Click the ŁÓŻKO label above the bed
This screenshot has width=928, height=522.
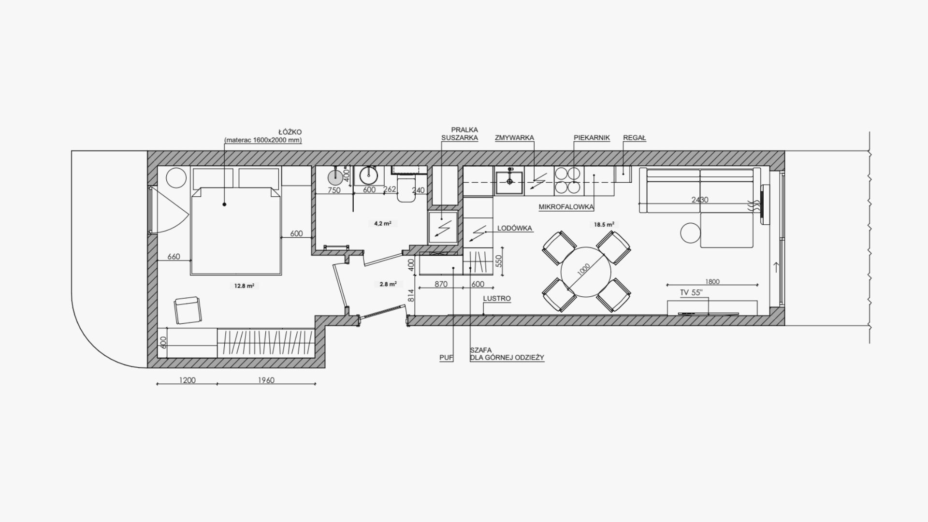click(x=290, y=132)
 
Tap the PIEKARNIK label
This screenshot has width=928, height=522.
click(x=592, y=138)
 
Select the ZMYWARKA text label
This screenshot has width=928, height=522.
click(x=514, y=138)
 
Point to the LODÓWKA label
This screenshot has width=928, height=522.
click(x=515, y=229)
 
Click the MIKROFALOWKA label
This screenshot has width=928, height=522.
click(x=566, y=207)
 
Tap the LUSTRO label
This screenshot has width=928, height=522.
click(x=497, y=299)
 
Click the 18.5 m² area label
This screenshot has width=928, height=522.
click(x=604, y=224)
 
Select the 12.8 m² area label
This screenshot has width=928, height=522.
click(x=244, y=286)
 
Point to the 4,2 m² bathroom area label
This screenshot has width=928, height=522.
click(x=383, y=223)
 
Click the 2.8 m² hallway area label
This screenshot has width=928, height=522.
click(x=388, y=284)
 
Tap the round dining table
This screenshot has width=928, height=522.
click(x=586, y=272)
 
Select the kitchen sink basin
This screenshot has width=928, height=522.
click(x=509, y=182)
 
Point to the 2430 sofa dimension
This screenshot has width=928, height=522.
click(x=700, y=200)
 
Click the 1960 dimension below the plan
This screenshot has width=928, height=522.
click(x=266, y=380)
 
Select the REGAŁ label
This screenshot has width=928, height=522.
click(x=635, y=138)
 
